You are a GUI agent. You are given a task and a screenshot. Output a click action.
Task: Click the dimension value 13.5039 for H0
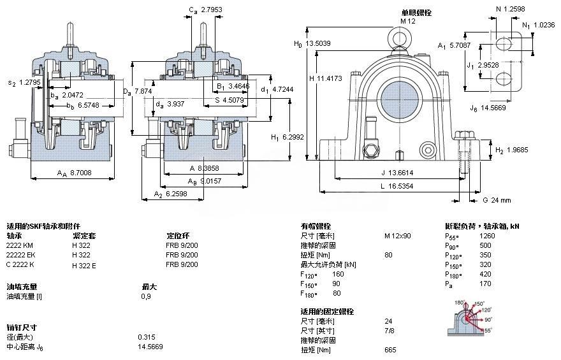click(319, 44)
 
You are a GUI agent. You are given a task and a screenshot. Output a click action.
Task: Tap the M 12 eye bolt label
click(407, 21)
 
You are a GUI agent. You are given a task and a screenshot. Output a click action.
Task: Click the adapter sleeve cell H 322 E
click(84, 265)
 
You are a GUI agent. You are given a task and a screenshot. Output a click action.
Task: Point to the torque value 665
click(390, 350)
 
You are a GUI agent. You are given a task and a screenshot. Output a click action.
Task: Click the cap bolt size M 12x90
click(397, 236)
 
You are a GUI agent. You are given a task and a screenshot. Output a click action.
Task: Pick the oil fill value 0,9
click(145, 296)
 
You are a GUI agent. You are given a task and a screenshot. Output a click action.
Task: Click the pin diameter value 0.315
click(146, 337)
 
